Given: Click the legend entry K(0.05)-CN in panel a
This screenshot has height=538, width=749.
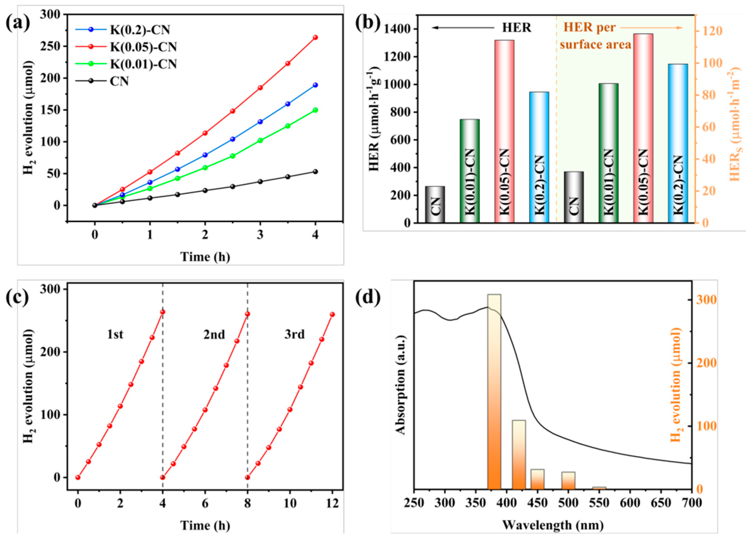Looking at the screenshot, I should pos(143,47).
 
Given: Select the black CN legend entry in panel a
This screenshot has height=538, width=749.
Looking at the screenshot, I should pos(119,81).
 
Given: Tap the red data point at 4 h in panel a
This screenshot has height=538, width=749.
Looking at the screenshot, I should pos(315,37).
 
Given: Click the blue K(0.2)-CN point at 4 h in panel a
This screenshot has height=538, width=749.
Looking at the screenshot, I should pos(315,85).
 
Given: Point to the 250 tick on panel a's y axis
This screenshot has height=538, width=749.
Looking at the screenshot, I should pos(52,46).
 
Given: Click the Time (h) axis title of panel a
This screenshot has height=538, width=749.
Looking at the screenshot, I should pos(205,256).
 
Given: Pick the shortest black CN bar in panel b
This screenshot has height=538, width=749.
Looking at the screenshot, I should pos(435,204).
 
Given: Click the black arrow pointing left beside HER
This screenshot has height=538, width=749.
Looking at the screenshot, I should pos(462,28).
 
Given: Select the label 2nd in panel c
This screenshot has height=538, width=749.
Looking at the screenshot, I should pos(214,334).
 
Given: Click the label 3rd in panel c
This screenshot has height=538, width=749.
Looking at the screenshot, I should pos(295,334).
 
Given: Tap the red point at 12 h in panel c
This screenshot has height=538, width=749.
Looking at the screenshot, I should pos(332,314).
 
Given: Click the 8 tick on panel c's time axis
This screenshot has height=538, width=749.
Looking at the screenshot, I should pos(248,504).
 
